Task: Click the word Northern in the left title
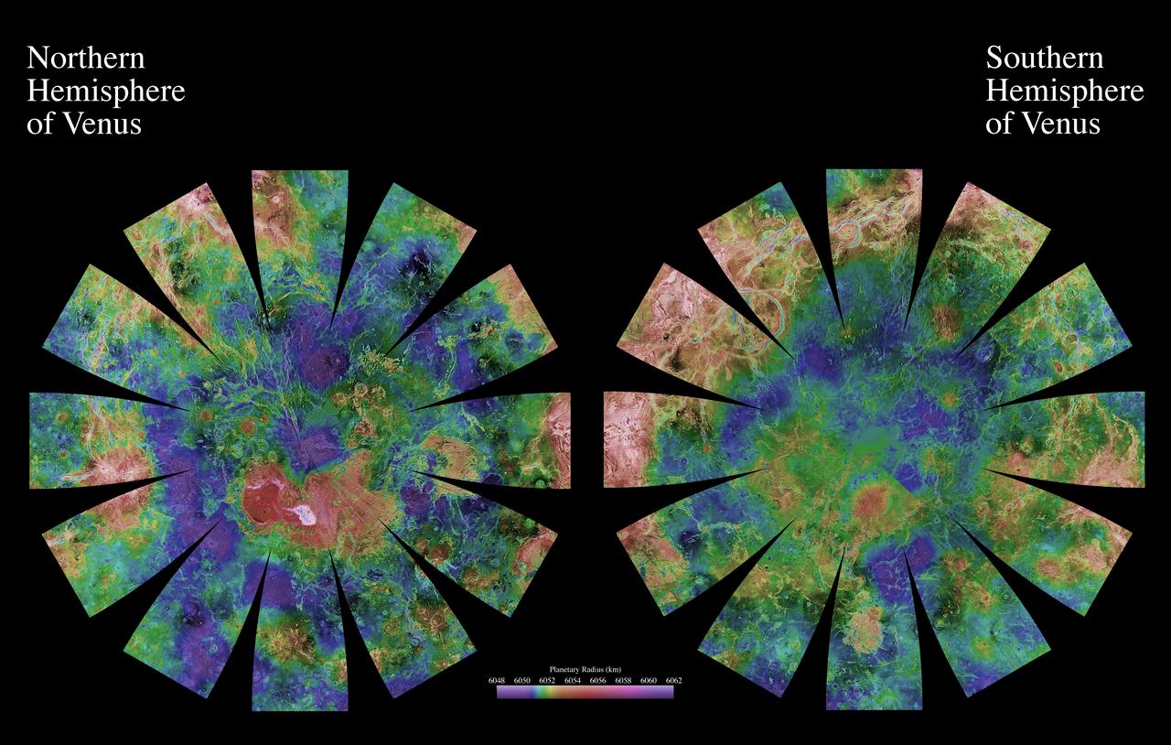86,59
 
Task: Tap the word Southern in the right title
1044,59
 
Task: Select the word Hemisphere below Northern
106,92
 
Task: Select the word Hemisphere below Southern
1065,92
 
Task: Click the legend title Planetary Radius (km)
585,669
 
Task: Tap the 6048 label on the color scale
497,680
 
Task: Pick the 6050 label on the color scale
522,680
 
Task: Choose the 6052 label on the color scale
547,680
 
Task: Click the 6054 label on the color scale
573,680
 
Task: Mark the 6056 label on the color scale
598,680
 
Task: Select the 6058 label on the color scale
623,680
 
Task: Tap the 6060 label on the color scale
649,680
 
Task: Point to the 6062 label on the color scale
673,680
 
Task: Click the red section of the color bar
595,692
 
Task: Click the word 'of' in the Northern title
40,124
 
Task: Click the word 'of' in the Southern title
999,124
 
